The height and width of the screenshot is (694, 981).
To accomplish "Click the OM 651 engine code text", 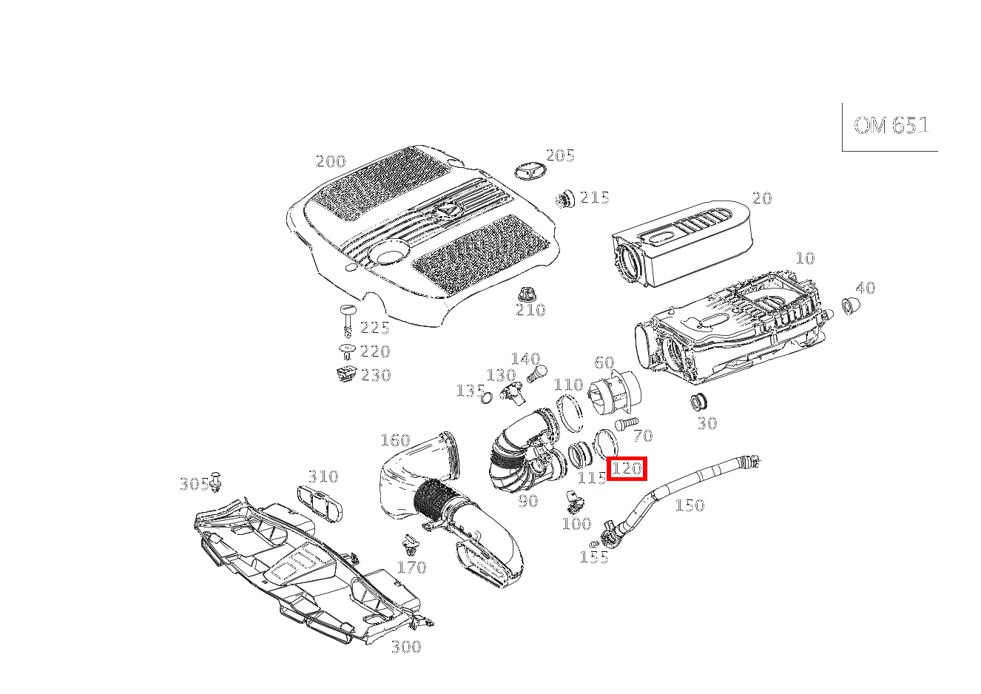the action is (891, 126).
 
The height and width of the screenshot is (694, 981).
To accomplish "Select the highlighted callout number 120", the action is (627, 468).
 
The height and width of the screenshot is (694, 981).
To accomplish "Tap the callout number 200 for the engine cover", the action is (331, 161).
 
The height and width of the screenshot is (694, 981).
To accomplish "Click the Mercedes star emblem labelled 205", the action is (530, 172).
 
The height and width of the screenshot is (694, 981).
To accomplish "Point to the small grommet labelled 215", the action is (565, 200).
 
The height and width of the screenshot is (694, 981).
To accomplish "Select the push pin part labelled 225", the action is (348, 321).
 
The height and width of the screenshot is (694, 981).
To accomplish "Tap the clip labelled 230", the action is (346, 374).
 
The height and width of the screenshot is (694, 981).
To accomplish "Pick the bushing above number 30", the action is (699, 402).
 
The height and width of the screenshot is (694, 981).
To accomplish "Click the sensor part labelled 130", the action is (513, 393).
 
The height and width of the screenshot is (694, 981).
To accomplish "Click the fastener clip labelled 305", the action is (215, 482).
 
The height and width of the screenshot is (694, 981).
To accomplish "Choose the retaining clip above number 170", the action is (410, 545).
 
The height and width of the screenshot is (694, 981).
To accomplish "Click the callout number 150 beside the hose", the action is (690, 505).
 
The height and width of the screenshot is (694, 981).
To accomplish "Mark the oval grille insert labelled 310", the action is (320, 504).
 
